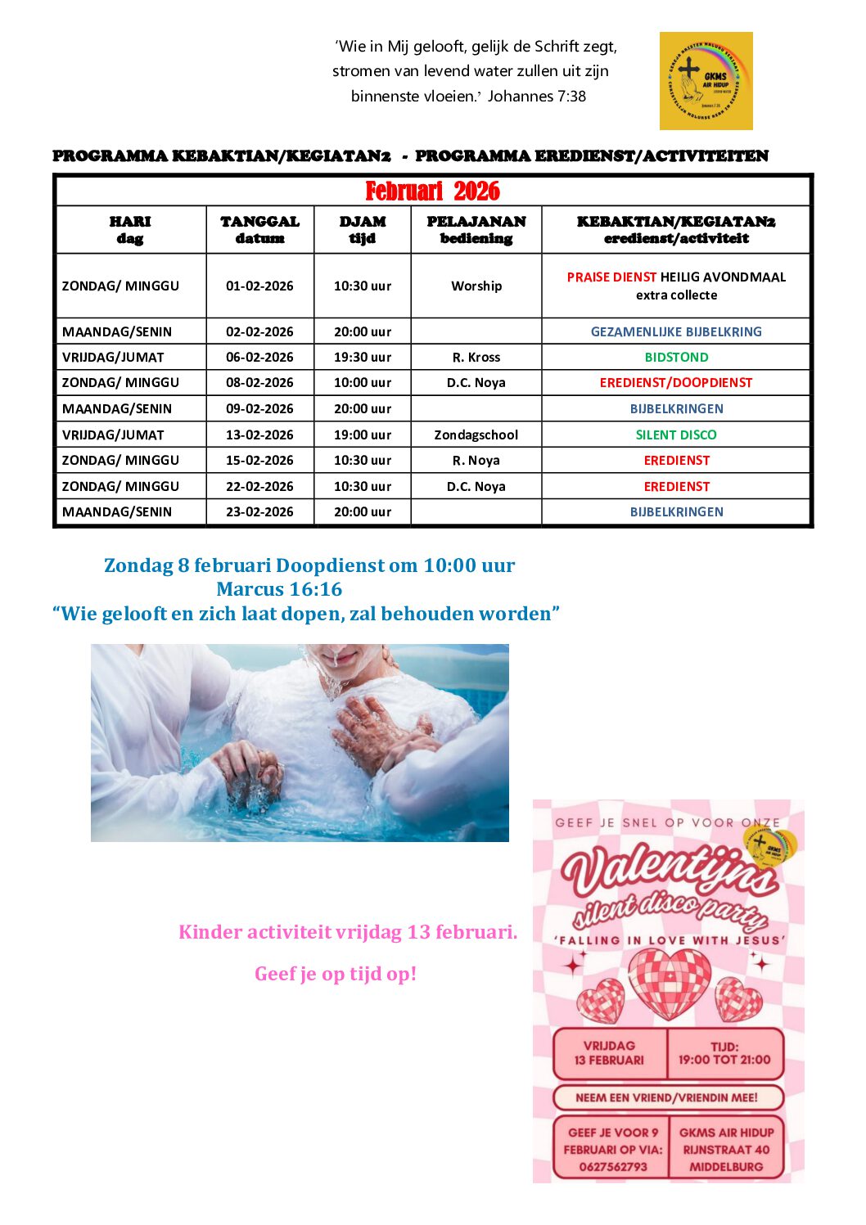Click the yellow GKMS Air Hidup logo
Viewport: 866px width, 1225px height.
point(706,81)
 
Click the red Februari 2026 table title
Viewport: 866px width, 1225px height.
point(432,191)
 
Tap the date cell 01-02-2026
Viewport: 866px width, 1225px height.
point(259,286)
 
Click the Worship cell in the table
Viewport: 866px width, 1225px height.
point(476,286)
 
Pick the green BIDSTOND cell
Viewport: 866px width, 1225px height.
point(676,357)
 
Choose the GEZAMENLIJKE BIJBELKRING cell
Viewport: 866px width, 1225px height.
point(676,331)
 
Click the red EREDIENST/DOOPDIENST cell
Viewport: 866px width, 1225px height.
point(676,382)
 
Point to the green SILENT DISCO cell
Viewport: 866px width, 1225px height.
point(676,435)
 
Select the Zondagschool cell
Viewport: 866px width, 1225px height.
point(476,435)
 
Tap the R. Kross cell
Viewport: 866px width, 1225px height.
point(476,357)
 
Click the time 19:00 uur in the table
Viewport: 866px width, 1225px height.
point(363,435)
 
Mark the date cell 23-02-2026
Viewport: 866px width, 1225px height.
point(259,511)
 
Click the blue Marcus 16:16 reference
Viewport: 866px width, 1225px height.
point(279,589)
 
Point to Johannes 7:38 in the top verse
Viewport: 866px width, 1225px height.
point(537,96)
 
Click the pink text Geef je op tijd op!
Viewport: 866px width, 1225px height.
point(336,974)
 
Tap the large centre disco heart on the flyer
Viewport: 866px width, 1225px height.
point(669,983)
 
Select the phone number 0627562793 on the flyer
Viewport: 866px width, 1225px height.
point(612,1167)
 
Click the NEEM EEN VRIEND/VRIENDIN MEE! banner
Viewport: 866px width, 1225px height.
point(667,1097)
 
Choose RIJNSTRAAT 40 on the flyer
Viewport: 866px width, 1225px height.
point(726,1150)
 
